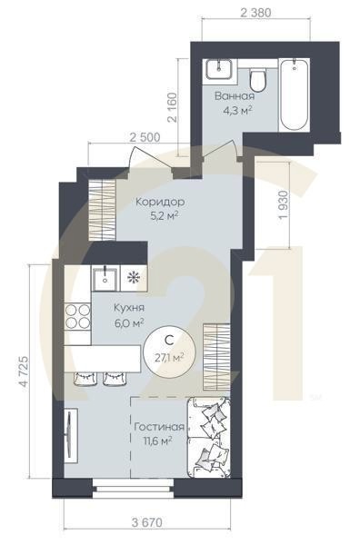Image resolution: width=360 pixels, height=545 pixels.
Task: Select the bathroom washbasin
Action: (x=219, y=70)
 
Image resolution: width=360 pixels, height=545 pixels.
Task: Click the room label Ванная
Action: (x=235, y=95)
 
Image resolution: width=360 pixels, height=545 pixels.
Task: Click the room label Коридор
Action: (x=159, y=202)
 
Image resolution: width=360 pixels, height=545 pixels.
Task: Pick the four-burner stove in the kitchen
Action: (x=76, y=317)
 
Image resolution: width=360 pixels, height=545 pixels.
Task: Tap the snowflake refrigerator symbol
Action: (x=135, y=277)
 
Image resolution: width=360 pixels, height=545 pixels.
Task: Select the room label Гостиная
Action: (x=159, y=426)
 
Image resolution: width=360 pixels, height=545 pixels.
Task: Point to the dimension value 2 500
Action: (x=146, y=136)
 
